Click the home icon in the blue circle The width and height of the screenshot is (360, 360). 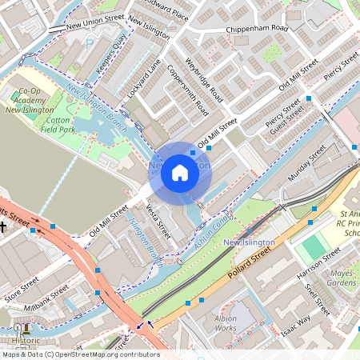[180, 172]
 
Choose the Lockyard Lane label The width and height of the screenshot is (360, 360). [144, 79]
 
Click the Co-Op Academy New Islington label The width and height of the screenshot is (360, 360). [30, 101]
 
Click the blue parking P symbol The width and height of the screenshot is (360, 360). [90, 46]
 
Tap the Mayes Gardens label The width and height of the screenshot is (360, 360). [342, 278]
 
